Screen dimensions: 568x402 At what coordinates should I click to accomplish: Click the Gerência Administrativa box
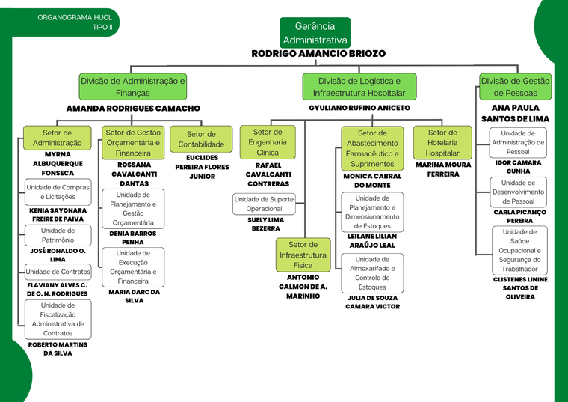(315, 33)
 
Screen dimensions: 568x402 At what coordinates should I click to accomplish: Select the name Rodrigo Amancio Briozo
(318, 54)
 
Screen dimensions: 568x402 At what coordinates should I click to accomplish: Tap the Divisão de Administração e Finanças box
(133, 87)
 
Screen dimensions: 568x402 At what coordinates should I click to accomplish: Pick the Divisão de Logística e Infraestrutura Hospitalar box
(359, 87)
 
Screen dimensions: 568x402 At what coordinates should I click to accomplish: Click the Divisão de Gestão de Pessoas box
(515, 87)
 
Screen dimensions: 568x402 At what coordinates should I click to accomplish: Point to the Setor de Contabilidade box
(201, 139)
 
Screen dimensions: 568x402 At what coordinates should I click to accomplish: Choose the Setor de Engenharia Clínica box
(268, 142)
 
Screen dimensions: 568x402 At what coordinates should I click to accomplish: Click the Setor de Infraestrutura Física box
(303, 255)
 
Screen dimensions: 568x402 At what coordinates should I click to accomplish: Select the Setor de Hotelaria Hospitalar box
(442, 142)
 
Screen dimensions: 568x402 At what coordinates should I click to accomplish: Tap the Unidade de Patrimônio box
(58, 236)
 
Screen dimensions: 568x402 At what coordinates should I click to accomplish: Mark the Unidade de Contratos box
(58, 272)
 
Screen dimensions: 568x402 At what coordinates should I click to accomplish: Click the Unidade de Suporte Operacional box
(264, 204)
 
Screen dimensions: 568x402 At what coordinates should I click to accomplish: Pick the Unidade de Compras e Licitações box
(58, 192)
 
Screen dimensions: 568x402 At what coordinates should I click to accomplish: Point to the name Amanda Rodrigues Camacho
(133, 109)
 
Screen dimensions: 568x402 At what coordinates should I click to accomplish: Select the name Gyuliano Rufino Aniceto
(359, 108)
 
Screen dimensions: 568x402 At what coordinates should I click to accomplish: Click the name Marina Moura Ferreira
(443, 169)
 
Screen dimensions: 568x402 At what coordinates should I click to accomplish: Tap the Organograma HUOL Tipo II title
(75, 22)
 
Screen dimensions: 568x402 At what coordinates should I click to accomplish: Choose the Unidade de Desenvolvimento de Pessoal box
(518, 192)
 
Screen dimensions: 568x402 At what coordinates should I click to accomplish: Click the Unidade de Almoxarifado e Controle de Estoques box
(372, 273)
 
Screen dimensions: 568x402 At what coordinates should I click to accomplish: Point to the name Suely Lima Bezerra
(265, 225)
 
